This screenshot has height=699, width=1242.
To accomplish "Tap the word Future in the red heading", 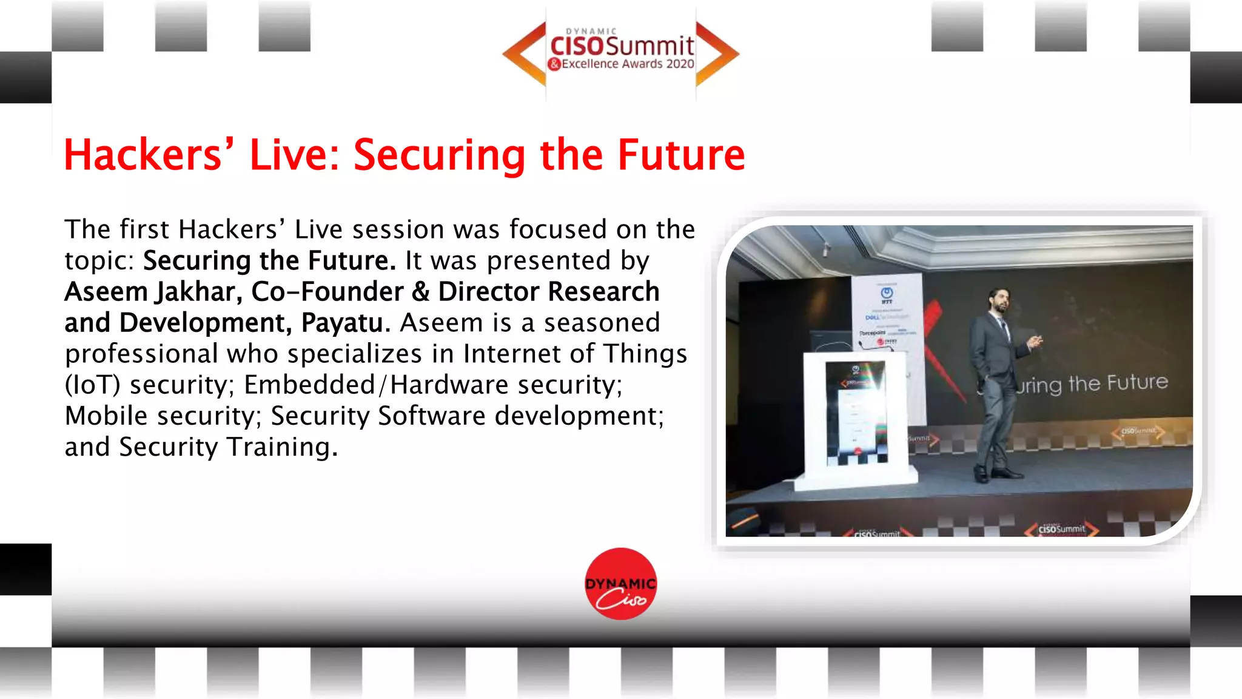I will click(x=681, y=155).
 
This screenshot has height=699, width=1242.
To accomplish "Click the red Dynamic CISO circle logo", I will click(x=620, y=584).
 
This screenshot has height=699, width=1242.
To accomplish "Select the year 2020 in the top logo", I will click(x=680, y=64).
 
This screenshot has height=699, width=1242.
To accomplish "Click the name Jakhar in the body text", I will click(x=199, y=292).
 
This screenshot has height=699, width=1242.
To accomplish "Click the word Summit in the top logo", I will click(x=649, y=46).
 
